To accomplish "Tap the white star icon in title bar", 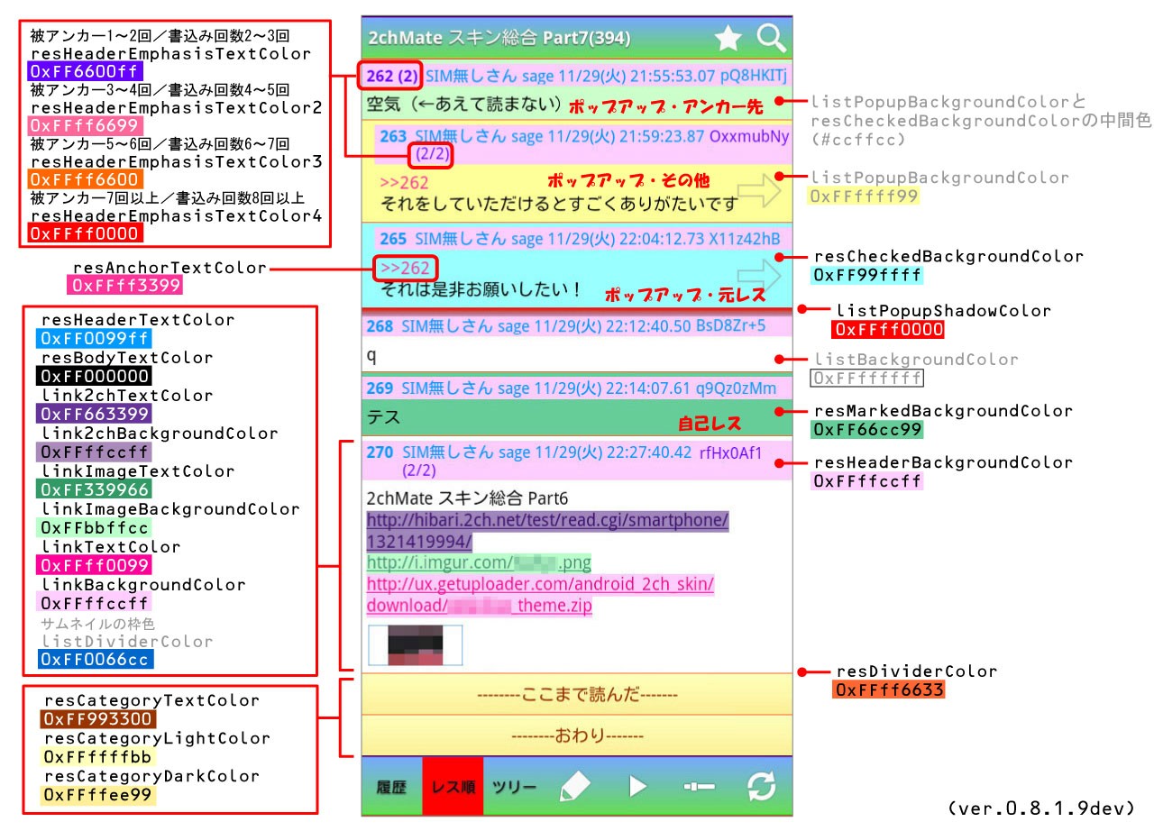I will tap(728, 38).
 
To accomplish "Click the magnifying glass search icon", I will tap(772, 38).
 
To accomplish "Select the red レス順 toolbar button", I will tap(453, 787).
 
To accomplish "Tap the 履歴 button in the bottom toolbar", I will tap(391, 787).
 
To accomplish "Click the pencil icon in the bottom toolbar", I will tap(574, 787).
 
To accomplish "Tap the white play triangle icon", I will tap(637, 787).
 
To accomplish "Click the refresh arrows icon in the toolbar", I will tap(762, 787).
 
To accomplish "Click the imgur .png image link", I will tap(479, 563).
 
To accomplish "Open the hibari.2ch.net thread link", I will tap(546, 531).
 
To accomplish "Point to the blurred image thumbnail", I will tap(416, 645).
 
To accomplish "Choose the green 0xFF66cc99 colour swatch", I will tap(867, 429).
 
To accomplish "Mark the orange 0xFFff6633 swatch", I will tap(889, 689).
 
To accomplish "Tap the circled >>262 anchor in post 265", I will tap(405, 268).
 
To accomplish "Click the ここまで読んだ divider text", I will tap(577, 695).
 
